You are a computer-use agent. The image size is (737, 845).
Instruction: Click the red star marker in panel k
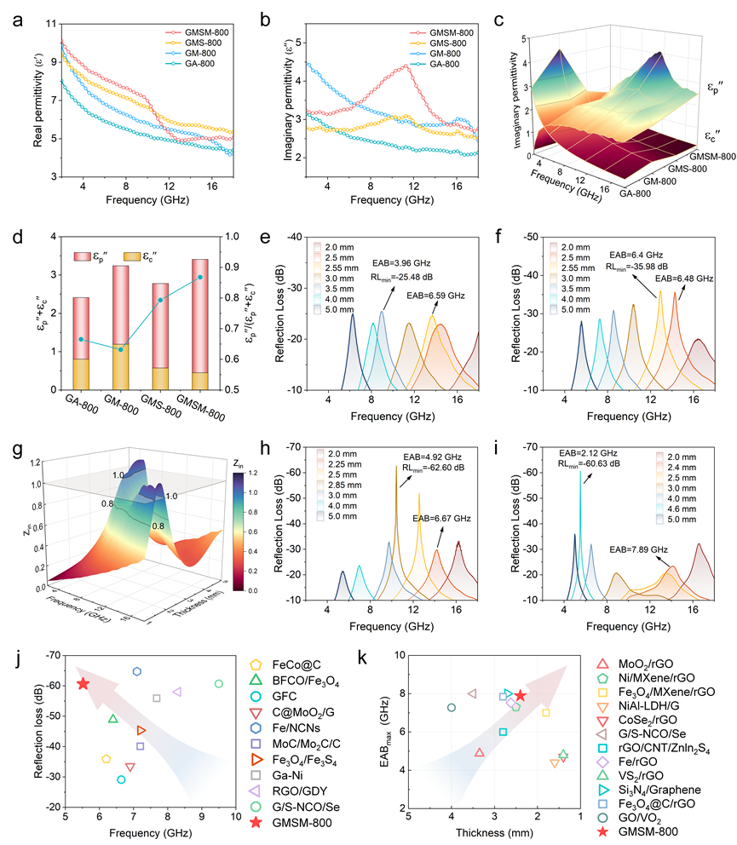point(521,695)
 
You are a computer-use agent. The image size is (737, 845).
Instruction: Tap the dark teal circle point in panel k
point(452,707)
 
